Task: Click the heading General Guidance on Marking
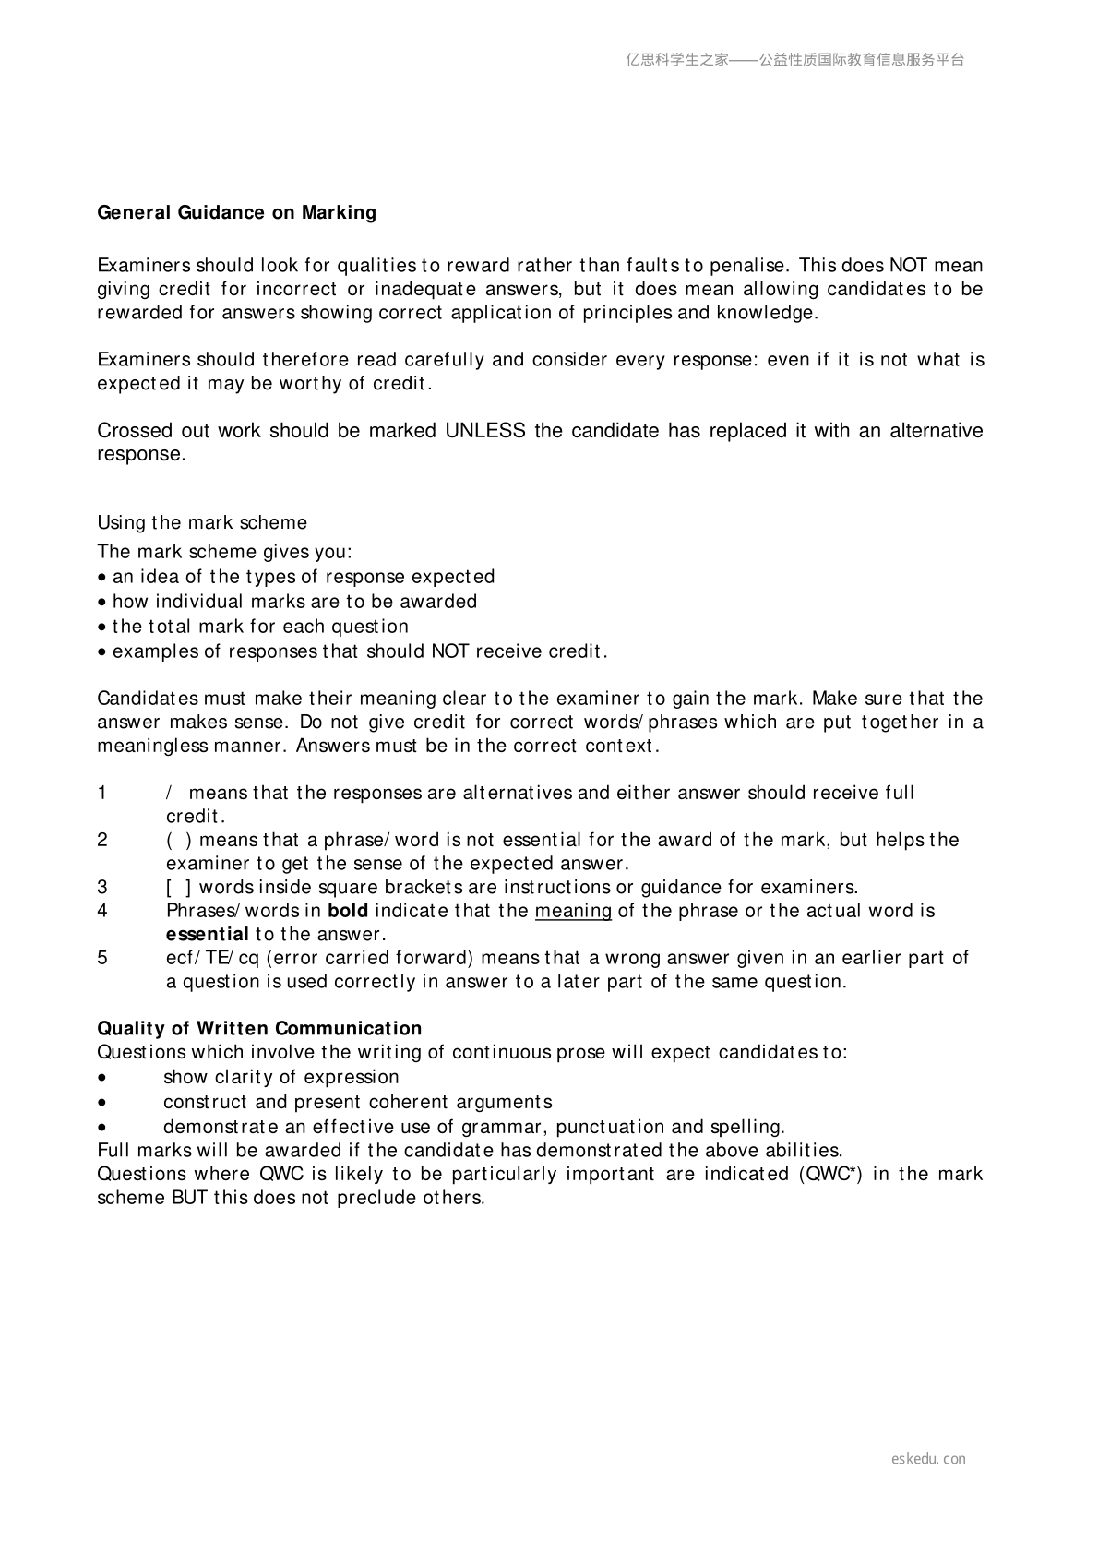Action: coord(237,213)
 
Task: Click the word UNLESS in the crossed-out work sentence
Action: coord(485,431)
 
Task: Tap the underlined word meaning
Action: coord(573,912)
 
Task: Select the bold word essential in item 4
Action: coord(208,935)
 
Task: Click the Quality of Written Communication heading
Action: coord(259,1029)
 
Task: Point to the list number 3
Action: coord(102,888)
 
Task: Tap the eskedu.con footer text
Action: coord(928,1459)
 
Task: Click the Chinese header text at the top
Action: coord(794,60)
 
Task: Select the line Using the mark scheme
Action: coord(202,523)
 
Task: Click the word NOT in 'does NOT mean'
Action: coord(908,266)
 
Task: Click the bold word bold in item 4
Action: coord(348,912)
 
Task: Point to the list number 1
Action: coord(102,794)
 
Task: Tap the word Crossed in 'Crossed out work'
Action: coord(130,431)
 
